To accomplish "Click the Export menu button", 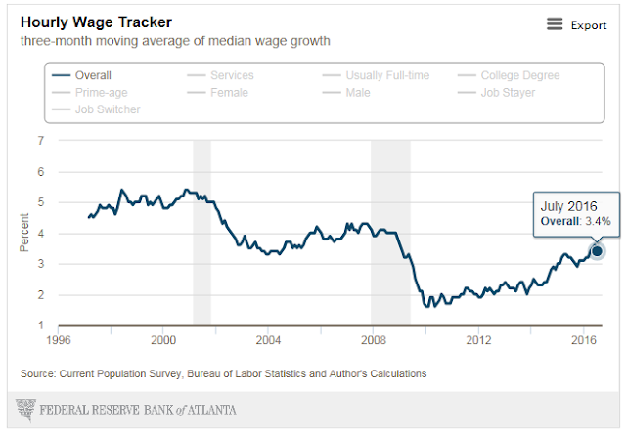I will tap(577, 25).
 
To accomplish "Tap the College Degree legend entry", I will tap(518, 75).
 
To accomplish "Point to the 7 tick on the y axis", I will tap(40, 141).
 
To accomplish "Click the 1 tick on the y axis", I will tap(40, 326).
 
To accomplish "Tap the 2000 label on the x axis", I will tap(163, 340).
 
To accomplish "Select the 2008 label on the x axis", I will tap(373, 340).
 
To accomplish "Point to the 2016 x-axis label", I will tap(583, 340).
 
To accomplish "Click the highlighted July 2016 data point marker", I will tap(598, 251).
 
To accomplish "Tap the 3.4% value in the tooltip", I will tap(599, 222).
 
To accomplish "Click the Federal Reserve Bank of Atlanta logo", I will tap(127, 407).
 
